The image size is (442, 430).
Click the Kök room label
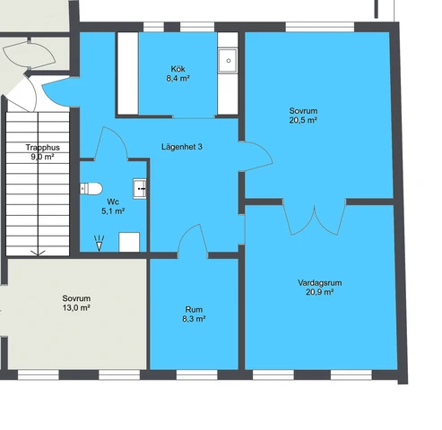click(x=178, y=69)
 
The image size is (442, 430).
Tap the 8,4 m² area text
click(x=178, y=79)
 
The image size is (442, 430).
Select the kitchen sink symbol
click(x=228, y=61)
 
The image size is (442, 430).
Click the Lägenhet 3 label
click(x=181, y=146)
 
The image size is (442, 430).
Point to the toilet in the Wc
click(x=88, y=188)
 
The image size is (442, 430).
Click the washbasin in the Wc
click(x=140, y=188)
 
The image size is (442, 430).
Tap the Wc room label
click(x=113, y=202)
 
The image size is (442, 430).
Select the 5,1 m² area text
click(x=113, y=211)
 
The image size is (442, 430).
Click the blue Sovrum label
click(x=303, y=110)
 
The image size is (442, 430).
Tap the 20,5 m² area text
click(x=303, y=120)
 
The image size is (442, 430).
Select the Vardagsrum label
click(x=320, y=282)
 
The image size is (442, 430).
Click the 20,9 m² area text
click(x=320, y=292)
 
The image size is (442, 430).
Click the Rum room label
click(x=195, y=309)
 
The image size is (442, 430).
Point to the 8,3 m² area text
click(x=195, y=319)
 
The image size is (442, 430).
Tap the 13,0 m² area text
click(x=76, y=307)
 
